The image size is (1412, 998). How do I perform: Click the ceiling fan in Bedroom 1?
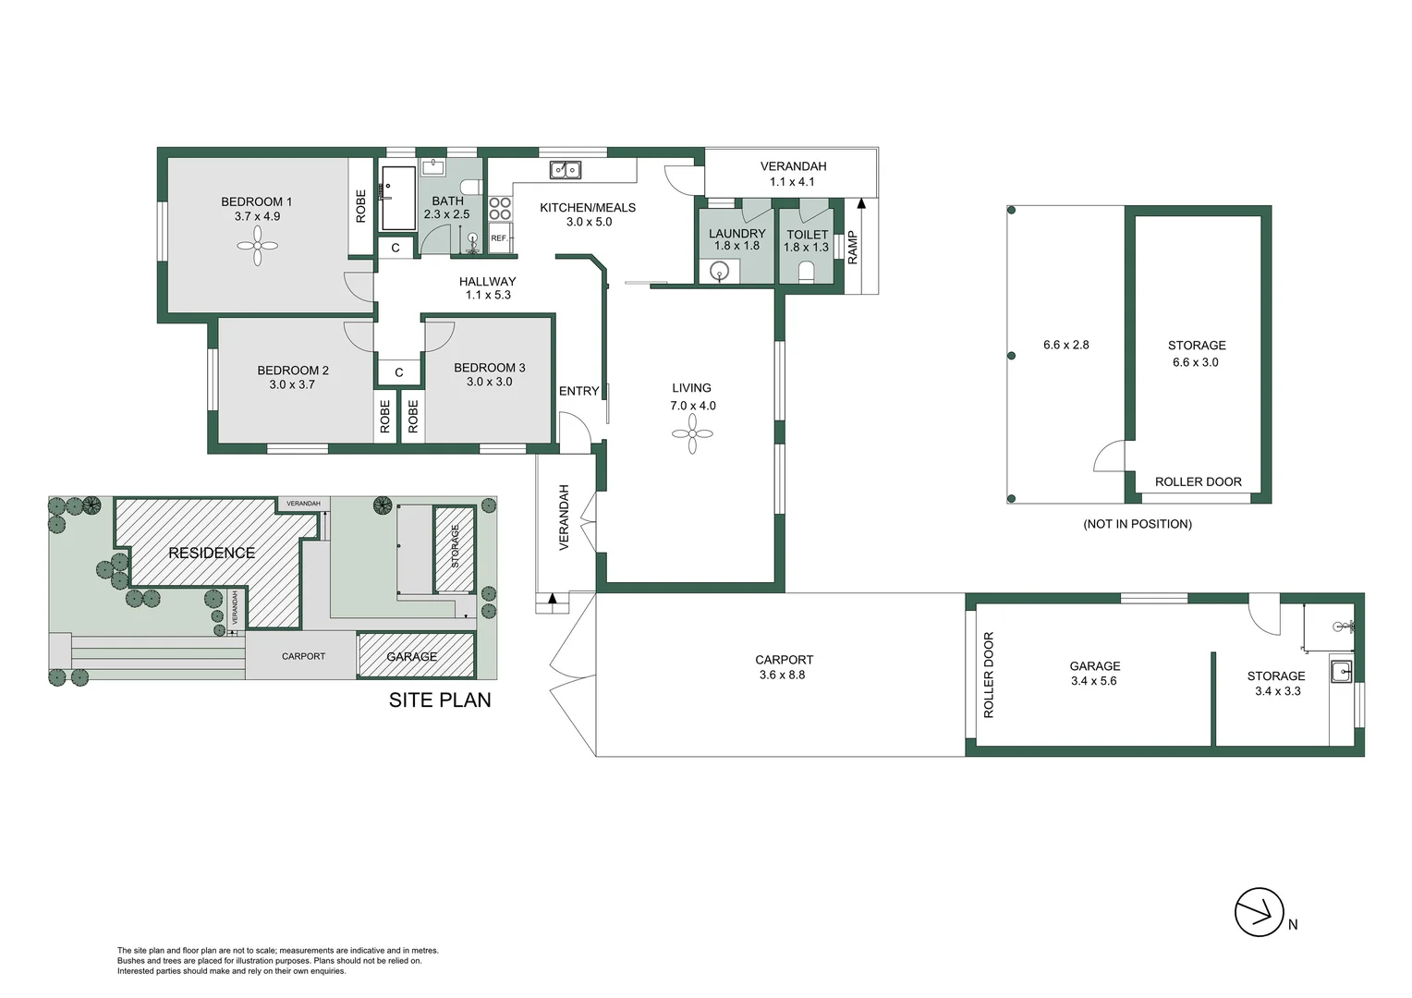point(258,246)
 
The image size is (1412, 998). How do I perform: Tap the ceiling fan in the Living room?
point(692,433)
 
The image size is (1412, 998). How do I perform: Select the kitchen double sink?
point(566,170)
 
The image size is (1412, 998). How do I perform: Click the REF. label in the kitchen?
point(499,238)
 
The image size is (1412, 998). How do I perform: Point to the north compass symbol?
point(1260,912)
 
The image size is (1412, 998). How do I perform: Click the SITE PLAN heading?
point(440,700)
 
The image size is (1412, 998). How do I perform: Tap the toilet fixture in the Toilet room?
point(806,272)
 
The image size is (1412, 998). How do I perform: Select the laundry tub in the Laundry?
point(720,271)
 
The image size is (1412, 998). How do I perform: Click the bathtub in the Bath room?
point(399,198)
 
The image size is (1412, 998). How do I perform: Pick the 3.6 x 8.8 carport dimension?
point(782,675)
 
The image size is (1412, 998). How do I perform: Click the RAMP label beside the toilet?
point(853,248)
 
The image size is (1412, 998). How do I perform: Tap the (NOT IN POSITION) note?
point(1138,524)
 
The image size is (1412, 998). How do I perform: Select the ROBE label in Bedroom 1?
point(361,206)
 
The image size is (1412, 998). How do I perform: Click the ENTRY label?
point(579,391)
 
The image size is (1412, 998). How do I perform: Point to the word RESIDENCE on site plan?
point(212,553)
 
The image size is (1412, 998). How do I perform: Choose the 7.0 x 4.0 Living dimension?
point(693,406)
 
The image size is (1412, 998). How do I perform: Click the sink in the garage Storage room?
point(1340,671)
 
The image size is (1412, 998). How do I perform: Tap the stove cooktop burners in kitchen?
point(500,208)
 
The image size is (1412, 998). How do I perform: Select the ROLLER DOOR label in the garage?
point(989,675)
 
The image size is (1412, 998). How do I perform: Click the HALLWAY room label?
point(488,282)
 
